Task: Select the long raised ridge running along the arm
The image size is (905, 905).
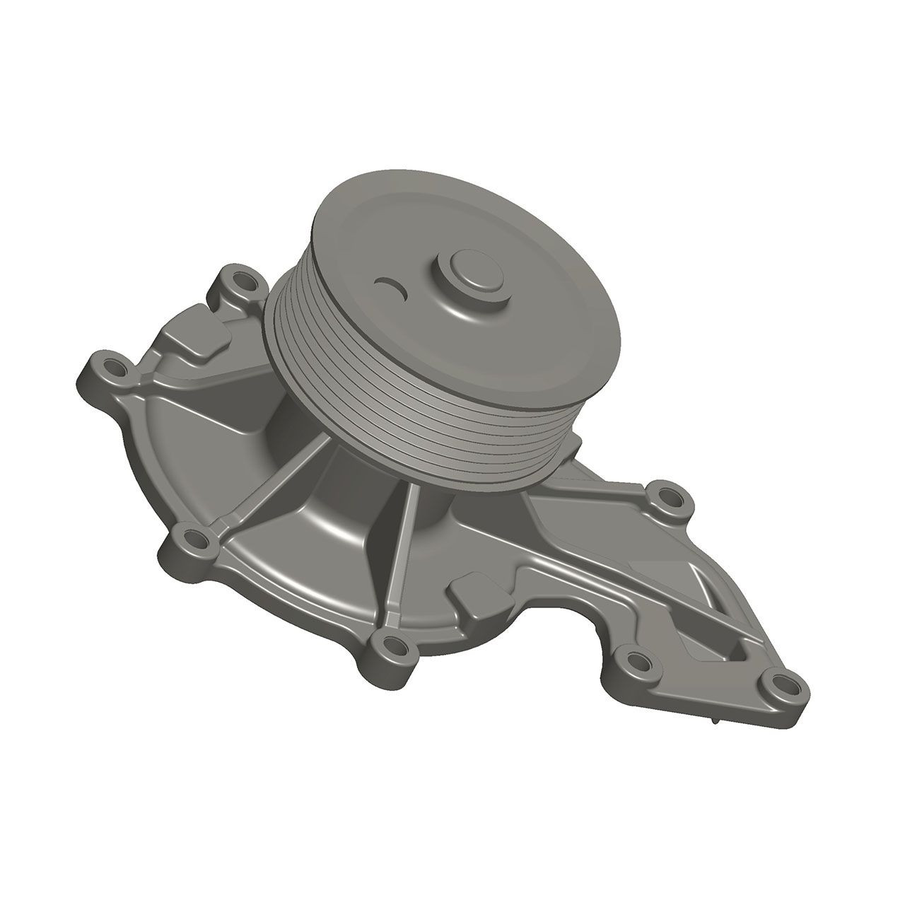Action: click(x=608, y=566)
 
